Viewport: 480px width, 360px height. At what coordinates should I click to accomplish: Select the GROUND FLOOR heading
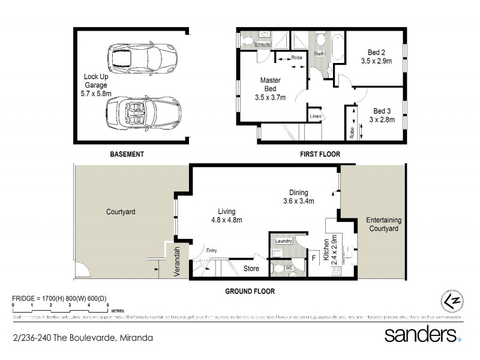(250, 291)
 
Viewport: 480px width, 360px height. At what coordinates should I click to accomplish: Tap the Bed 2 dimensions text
(376, 61)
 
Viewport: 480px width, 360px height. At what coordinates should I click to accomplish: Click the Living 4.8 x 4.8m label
(226, 216)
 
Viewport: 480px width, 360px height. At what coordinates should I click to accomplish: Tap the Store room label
(251, 268)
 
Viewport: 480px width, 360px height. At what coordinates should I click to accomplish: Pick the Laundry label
(283, 241)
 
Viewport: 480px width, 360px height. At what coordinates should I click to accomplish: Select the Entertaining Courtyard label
(383, 224)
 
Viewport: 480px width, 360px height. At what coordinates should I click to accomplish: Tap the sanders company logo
(422, 334)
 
